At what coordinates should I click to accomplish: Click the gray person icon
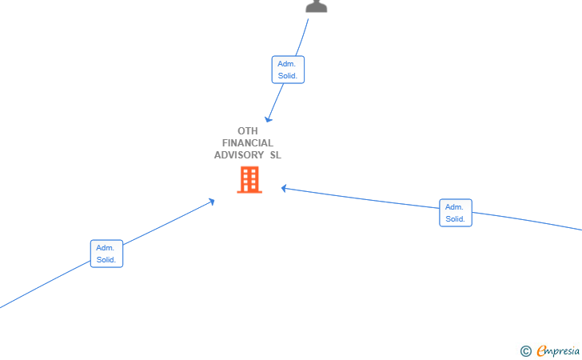317,6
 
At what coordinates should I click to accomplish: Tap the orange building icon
249,180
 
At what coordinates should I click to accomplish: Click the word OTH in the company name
248,131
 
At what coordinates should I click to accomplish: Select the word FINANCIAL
248,143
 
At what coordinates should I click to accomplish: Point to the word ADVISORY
239,155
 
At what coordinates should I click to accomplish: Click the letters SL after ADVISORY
275,155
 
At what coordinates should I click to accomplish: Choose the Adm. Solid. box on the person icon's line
288,70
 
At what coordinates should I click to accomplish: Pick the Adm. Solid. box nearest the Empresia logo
456,213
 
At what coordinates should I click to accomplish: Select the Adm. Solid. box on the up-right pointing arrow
106,254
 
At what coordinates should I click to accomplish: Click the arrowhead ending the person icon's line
268,119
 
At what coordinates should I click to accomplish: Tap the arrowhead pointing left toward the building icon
284,188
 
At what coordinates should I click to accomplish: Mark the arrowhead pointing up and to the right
212,202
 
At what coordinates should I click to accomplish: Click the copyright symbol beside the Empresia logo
525,351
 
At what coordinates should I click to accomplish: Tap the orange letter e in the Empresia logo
541,350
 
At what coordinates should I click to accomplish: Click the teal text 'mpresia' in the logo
563,351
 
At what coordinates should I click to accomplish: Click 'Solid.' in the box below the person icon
288,76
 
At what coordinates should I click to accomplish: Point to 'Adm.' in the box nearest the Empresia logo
454,207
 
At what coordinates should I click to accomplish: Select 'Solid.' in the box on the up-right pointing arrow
106,260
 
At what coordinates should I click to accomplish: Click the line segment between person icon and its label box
302,38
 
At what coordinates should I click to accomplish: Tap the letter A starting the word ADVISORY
217,155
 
